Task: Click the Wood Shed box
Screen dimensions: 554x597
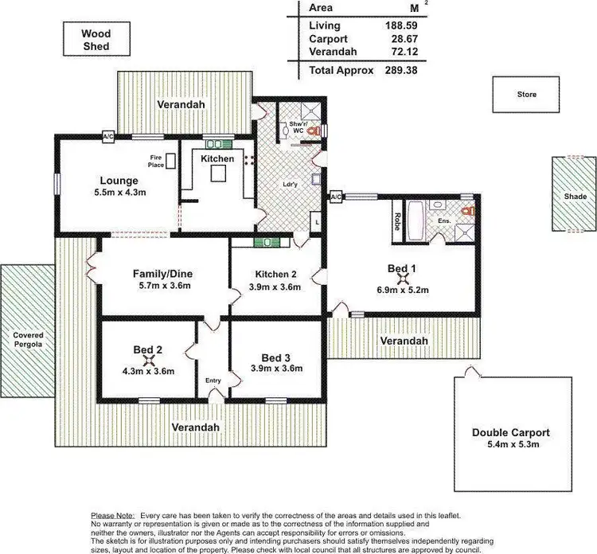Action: pyautogui.click(x=95, y=40)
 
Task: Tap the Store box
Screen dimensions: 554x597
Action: pyautogui.click(x=526, y=94)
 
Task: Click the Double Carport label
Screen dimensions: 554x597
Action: pyautogui.click(x=511, y=432)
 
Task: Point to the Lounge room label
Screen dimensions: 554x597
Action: pyautogui.click(x=119, y=181)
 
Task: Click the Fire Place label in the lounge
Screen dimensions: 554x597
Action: pyautogui.click(x=156, y=162)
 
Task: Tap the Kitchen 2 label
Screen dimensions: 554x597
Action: pyautogui.click(x=276, y=275)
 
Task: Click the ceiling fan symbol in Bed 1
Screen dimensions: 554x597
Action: pyautogui.click(x=404, y=278)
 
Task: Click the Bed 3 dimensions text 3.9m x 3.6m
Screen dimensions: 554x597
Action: pyautogui.click(x=275, y=369)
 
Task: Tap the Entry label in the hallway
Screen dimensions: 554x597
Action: pyautogui.click(x=213, y=380)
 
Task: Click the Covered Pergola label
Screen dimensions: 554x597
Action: pyautogui.click(x=28, y=341)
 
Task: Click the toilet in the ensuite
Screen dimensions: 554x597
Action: pyautogui.click(x=469, y=212)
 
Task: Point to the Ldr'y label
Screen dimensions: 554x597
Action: pyautogui.click(x=291, y=185)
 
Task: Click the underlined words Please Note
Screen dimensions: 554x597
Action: pyautogui.click(x=114, y=516)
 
